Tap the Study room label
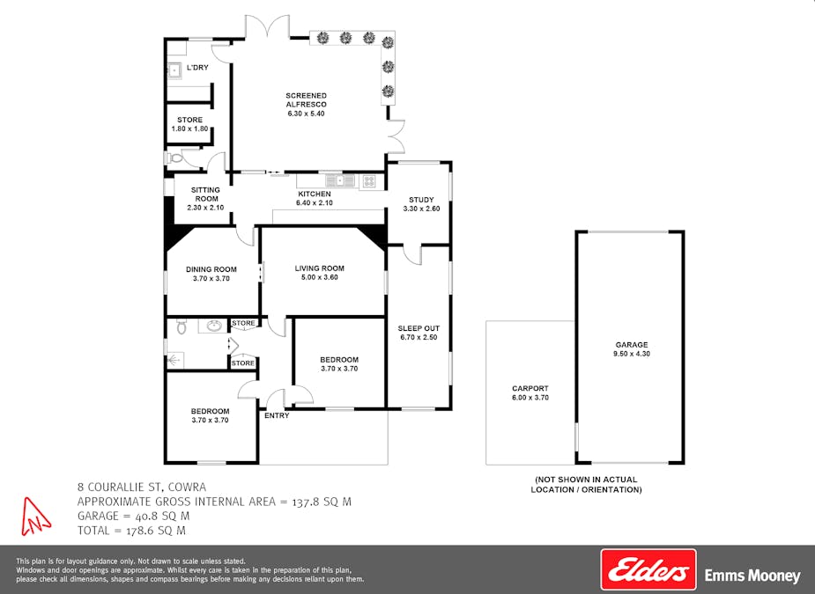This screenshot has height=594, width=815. [x=421, y=204]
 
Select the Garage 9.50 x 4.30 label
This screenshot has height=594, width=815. [x=632, y=349]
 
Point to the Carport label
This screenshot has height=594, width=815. [x=530, y=392]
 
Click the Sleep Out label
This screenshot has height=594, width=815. [x=419, y=332]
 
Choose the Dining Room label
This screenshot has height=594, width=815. [x=211, y=274]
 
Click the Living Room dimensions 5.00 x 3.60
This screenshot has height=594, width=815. [x=319, y=278]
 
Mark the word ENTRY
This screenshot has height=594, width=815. [x=277, y=415]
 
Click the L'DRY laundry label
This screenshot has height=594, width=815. [x=197, y=68]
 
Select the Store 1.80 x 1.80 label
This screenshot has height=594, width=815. [x=189, y=124]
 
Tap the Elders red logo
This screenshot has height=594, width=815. [x=648, y=569]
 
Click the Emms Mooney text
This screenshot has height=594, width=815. [x=752, y=576]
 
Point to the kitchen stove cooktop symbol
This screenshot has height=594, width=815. [x=368, y=181]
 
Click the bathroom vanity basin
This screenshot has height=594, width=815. [x=214, y=326]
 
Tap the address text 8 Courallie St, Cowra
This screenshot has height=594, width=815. [x=141, y=487]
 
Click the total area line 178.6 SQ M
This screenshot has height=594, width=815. [x=132, y=531]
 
